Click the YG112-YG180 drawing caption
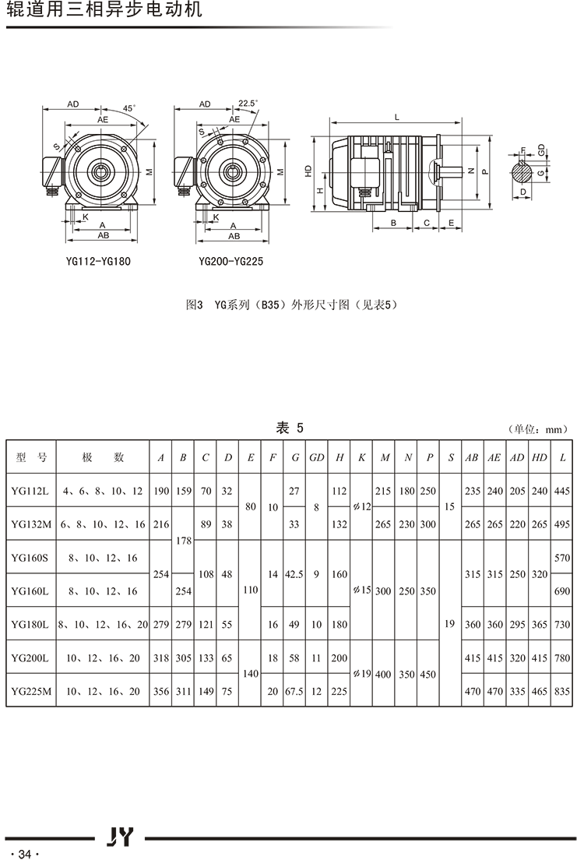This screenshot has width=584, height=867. pos(98,262)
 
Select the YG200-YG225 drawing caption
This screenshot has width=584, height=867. pos(230,262)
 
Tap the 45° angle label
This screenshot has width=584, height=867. pos(129,108)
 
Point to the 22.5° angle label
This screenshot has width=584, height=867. pos(248,103)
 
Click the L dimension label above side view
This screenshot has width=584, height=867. pos(397,117)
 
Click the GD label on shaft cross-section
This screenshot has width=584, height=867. pos(540,148)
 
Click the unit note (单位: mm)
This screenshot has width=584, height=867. pos(538,429)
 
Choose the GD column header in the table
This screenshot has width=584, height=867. pos(316,457)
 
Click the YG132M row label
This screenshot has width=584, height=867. pos(31,524)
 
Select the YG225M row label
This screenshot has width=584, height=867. pos(31,690)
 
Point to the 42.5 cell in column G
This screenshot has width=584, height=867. pos(294,574)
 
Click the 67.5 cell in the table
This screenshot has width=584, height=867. pos(294,690)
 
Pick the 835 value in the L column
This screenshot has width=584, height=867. pos(562,690)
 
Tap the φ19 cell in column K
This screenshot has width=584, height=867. pos(361,674)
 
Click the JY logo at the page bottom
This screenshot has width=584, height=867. pos(120,837)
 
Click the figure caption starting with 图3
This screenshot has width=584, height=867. pos(293,305)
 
